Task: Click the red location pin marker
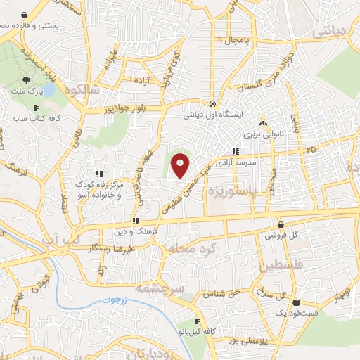181,166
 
